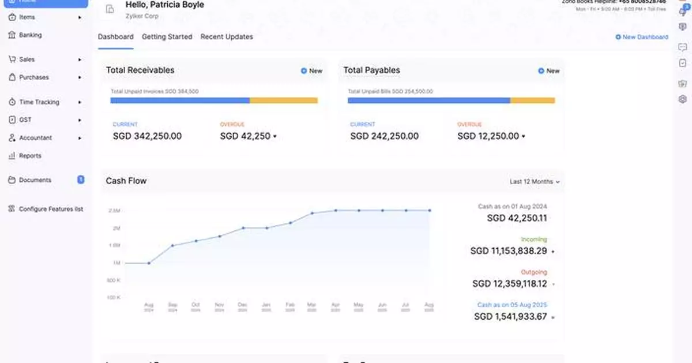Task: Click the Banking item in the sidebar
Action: point(30,35)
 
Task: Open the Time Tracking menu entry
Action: point(39,102)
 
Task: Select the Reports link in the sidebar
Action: point(30,156)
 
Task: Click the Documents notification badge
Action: point(81,180)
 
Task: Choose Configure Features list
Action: point(51,209)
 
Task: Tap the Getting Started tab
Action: point(167,37)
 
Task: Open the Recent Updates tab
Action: point(227,37)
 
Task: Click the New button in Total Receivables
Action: point(311,71)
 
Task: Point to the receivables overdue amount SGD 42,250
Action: point(245,136)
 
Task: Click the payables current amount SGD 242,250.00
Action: point(384,136)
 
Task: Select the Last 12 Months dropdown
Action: point(534,182)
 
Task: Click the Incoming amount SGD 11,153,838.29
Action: point(508,251)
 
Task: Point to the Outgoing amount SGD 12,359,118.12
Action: point(509,284)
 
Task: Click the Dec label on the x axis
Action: point(243,305)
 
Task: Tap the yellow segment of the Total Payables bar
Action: point(532,100)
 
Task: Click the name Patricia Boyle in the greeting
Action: point(177,5)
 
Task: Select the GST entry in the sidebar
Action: point(26,120)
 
